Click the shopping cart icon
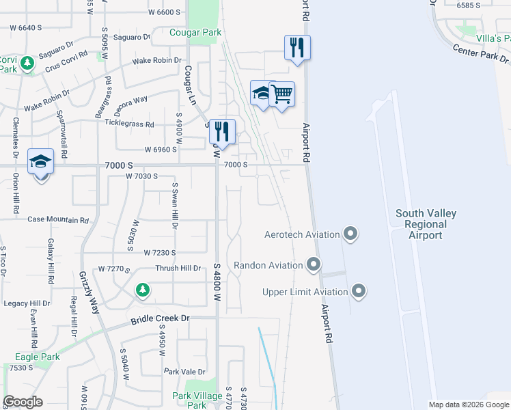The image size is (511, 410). [281, 94]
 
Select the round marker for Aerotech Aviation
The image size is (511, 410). [350, 234]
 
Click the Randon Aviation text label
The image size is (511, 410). [268, 265]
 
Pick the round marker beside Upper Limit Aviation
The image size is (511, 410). [359, 292]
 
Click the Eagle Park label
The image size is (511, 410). [38, 357]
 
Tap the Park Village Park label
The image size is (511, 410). [198, 400]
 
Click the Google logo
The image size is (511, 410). [23, 402]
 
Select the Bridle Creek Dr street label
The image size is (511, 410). [159, 318]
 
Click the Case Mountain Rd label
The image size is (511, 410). [58, 220]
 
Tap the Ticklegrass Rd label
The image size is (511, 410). [129, 124]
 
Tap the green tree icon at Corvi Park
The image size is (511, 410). [27, 64]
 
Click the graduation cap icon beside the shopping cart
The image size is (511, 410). [262, 94]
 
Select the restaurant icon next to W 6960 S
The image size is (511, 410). [222, 131]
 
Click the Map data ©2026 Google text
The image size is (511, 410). [469, 405]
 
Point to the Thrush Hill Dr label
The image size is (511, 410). [178, 269]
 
